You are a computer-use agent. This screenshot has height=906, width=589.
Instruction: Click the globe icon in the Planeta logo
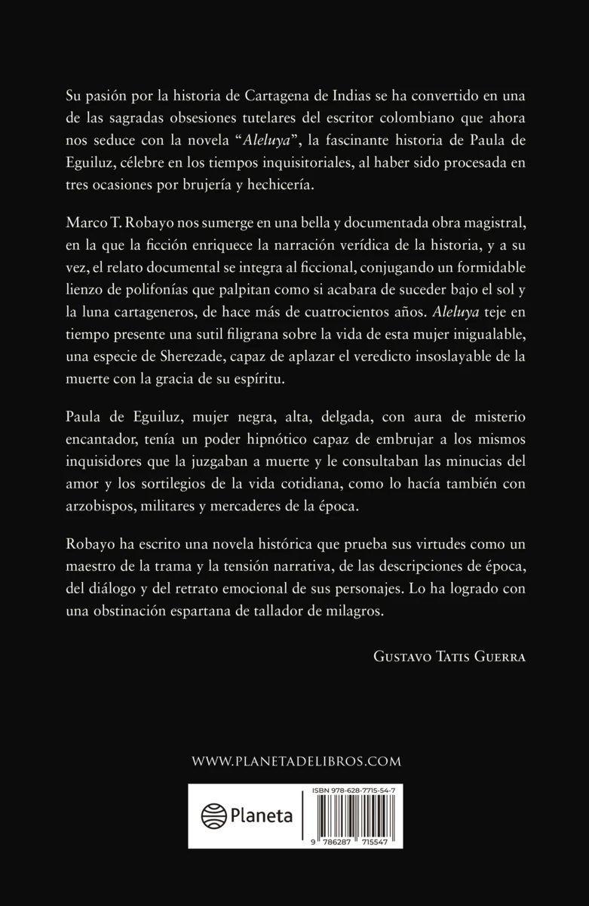click(214, 816)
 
